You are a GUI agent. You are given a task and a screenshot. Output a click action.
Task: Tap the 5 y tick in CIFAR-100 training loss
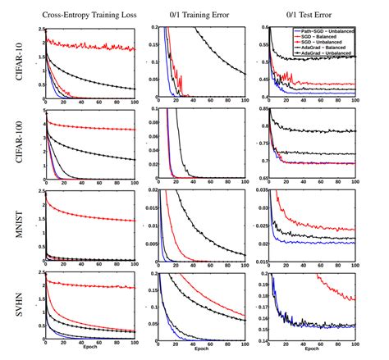pos(41,110)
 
